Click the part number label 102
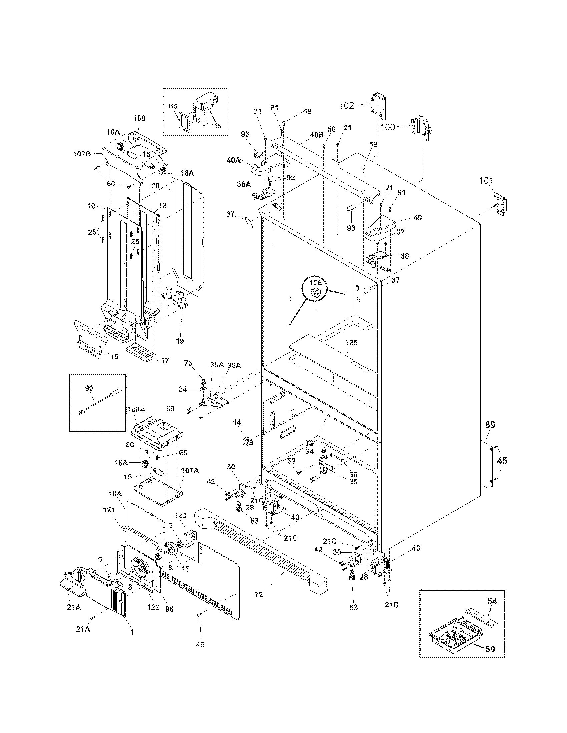tap(346, 106)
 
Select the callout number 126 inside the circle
tap(316, 283)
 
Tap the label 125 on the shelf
tap(351, 342)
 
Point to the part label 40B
tap(316, 135)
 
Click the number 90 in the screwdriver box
tap(89, 388)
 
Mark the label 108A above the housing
tap(136, 410)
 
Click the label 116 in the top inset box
tap(172, 106)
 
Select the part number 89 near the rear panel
tap(490, 425)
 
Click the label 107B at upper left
tap(82, 154)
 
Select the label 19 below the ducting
tap(180, 341)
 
